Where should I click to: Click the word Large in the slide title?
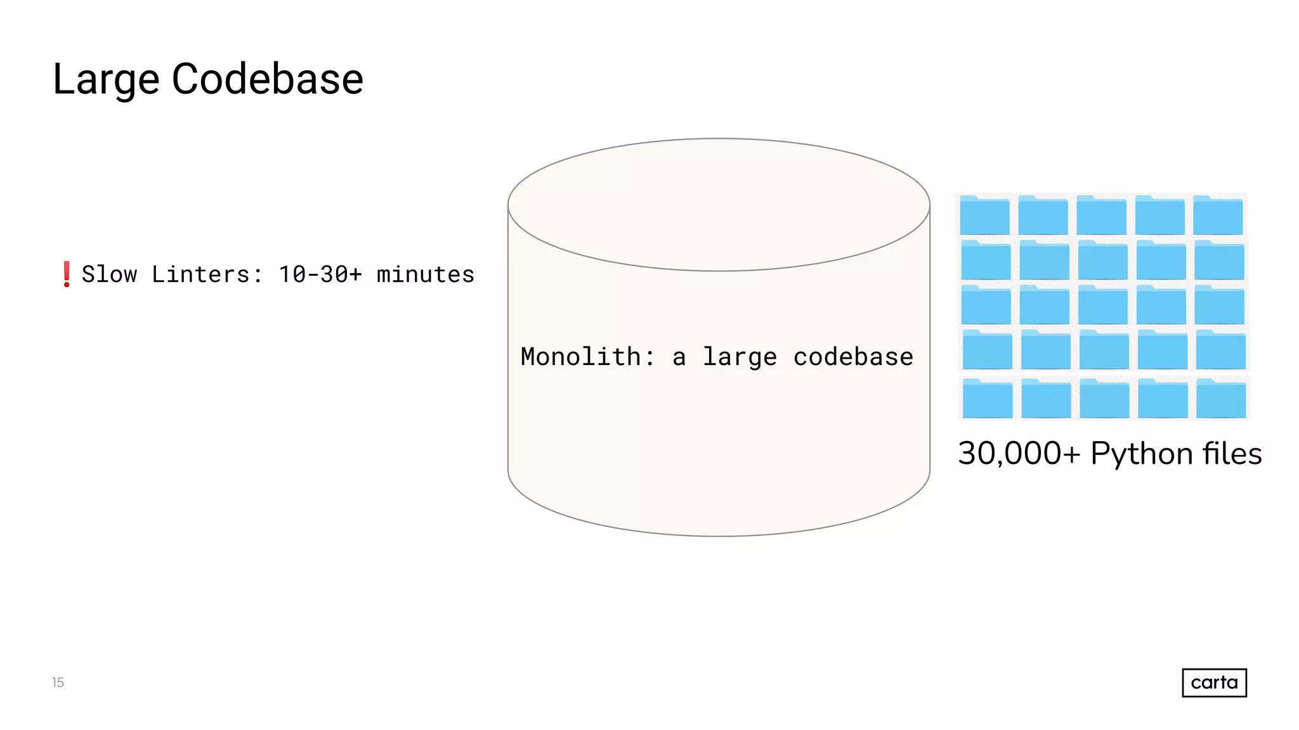pos(105,80)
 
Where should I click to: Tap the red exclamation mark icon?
pos(66,274)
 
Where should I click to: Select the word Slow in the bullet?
pos(109,274)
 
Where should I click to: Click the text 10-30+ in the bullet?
pos(320,274)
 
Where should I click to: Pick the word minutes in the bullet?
pos(425,274)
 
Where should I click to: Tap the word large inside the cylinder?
pos(740,357)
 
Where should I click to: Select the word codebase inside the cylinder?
pos(853,357)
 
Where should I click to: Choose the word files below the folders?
pos(1232,454)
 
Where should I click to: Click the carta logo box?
pos(1214,682)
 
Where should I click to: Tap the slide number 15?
pos(58,682)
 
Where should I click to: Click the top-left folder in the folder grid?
pos(984,215)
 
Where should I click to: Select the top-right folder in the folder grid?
pos(1218,215)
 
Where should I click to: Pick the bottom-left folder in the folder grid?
pos(988,399)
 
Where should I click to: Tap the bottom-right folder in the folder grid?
pos(1221,399)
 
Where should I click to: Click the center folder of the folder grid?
pos(1103,305)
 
